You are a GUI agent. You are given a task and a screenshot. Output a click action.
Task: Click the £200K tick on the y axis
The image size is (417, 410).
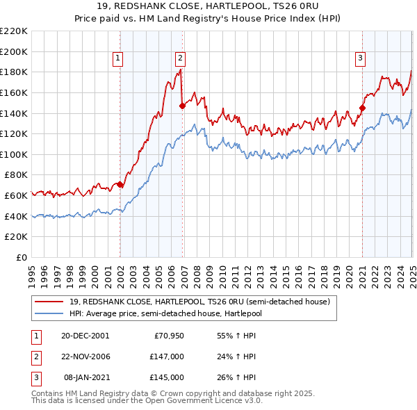click(15, 51)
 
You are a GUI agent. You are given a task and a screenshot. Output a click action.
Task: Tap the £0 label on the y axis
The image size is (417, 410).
click(22, 258)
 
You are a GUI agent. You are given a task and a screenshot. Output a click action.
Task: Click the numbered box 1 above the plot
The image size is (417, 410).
click(119, 59)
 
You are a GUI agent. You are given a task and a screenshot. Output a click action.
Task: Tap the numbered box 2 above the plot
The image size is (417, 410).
click(180, 59)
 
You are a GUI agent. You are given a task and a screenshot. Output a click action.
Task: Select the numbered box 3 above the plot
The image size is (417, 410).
click(361, 59)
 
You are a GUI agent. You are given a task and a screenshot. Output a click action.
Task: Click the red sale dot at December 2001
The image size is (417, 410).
click(120, 185)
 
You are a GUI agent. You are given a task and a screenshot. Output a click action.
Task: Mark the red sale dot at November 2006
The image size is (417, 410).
click(182, 106)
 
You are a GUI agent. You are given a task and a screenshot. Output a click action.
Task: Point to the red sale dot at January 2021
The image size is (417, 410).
click(362, 108)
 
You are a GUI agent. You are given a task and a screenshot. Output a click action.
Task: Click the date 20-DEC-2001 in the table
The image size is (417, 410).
click(85, 335)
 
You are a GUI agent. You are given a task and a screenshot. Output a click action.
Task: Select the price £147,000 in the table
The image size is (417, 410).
click(167, 356)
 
